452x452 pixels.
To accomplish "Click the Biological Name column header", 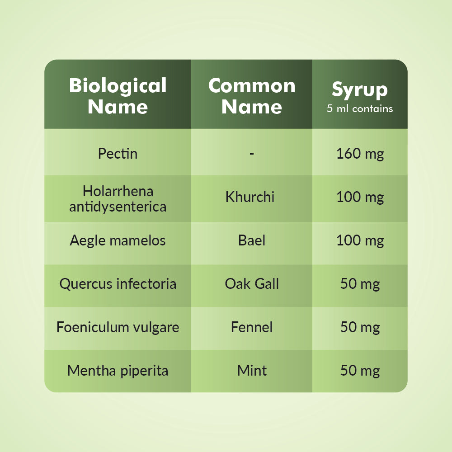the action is click(118, 96).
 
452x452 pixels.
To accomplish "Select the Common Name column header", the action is click(252, 96).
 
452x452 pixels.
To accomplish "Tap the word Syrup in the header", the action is click(360, 90).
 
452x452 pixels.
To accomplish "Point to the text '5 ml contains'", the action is click(360, 108).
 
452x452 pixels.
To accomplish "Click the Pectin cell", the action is click(118, 153).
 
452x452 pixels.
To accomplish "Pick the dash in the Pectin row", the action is click(252, 154).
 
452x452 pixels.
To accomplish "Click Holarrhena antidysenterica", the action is click(118, 199).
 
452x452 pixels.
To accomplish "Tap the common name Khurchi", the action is click(250, 197).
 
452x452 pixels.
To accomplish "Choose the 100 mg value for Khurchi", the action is click(360, 198).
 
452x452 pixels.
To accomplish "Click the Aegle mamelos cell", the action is click(118, 241).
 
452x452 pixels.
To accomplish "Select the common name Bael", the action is click(252, 240).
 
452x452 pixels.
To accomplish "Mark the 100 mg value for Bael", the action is click(360, 241).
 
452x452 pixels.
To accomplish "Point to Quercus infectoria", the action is click(118, 284).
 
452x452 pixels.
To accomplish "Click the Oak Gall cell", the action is click(252, 284).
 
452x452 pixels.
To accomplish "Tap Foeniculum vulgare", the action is click(118, 327).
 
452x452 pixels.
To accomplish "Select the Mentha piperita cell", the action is click(118, 371).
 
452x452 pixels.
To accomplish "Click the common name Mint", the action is click(252, 371).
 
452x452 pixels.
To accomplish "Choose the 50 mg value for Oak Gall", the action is click(360, 284).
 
